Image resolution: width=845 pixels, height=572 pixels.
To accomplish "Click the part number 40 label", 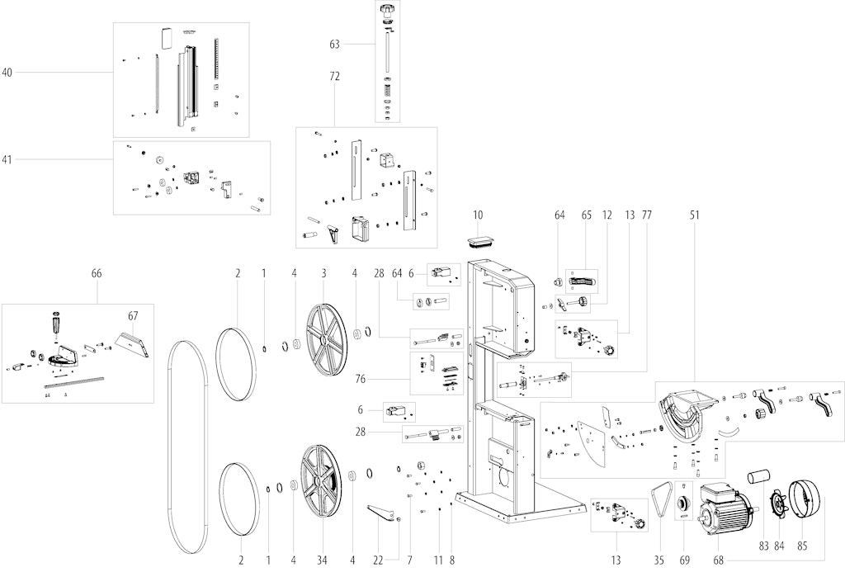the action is [7, 73].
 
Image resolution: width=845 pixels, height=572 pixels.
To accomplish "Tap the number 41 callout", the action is [7, 159].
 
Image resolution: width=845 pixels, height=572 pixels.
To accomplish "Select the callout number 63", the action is [335, 45].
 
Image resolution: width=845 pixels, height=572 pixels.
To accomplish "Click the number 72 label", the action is [335, 77].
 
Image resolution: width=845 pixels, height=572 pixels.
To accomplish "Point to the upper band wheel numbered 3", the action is [327, 339].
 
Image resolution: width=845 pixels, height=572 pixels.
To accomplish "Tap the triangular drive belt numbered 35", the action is [661, 504].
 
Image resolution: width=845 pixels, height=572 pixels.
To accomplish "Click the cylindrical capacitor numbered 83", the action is [758, 478].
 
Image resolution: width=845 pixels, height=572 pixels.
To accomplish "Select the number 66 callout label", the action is [97, 273].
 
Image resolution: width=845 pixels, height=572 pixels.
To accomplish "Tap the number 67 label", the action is [133, 316].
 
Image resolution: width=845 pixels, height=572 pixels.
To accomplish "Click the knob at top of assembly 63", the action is [388, 11].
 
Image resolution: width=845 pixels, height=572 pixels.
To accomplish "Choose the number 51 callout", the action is [694, 215].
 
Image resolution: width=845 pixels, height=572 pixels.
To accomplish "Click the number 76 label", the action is [361, 379].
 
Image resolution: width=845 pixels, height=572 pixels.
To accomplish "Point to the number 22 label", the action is [378, 560].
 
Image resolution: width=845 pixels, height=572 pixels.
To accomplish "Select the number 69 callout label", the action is [684, 560].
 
